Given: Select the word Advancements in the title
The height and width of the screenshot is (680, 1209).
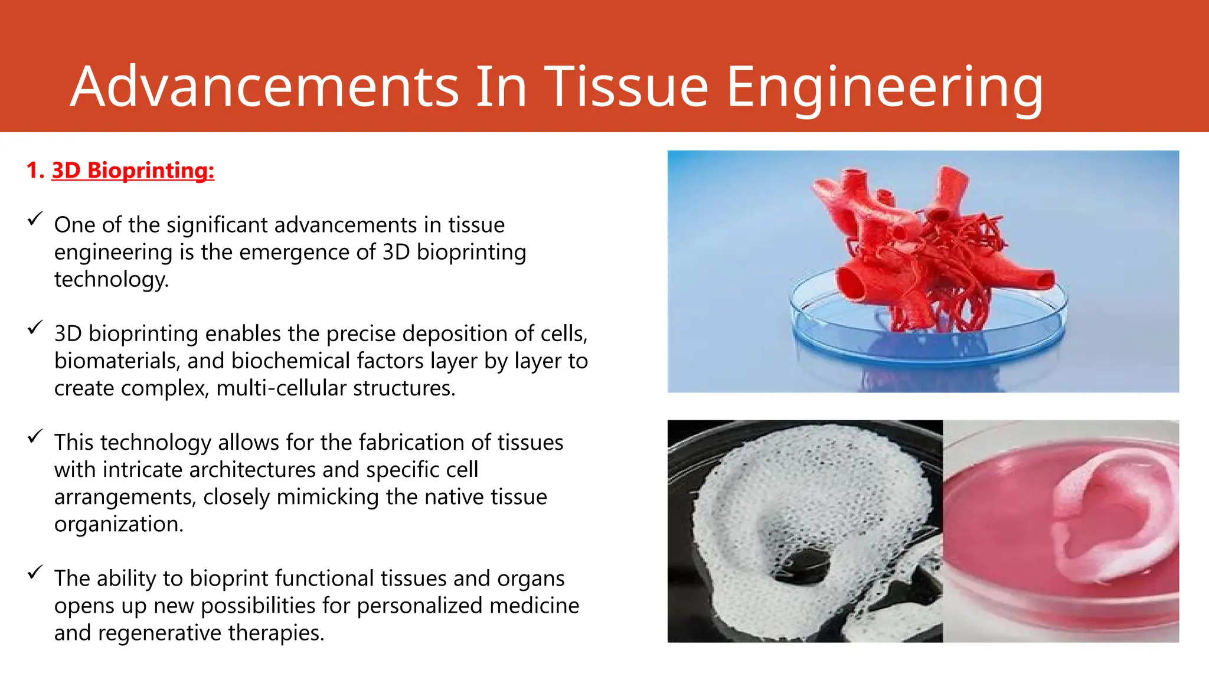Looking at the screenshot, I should pos(264,87).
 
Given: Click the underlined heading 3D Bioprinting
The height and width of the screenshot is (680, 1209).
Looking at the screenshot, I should pos(133,171).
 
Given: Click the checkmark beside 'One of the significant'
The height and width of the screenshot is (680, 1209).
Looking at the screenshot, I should pos(35,219).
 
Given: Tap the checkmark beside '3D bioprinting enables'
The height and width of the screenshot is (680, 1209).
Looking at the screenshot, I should pos(35,328).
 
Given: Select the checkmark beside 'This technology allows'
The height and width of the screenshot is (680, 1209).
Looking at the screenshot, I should pos(35,437).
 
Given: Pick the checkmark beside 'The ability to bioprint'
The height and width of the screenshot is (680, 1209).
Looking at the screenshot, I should pos(35,573).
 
